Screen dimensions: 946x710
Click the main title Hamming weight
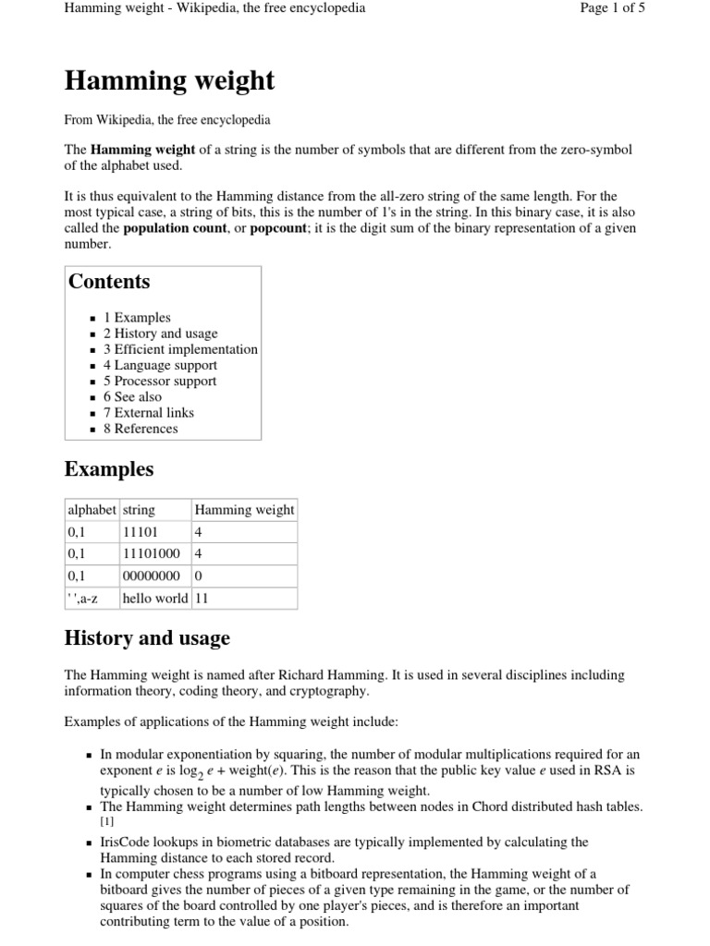(169, 81)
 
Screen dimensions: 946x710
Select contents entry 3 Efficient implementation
(180, 349)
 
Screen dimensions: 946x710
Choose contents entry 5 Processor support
(159, 381)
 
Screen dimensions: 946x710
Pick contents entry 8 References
(141, 429)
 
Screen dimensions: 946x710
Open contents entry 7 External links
(148, 413)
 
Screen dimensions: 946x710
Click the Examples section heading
(109, 469)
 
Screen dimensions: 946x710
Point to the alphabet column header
(92, 510)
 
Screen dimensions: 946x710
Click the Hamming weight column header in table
(244, 510)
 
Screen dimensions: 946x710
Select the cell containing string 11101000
(152, 553)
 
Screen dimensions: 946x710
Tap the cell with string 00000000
(152, 576)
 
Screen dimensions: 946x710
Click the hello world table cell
(154, 598)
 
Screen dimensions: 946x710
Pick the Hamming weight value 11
(202, 598)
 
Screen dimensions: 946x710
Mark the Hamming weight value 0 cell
(198, 576)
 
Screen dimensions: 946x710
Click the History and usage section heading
(147, 638)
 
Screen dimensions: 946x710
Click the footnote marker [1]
(106, 821)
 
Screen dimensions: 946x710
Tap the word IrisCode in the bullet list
(127, 843)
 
